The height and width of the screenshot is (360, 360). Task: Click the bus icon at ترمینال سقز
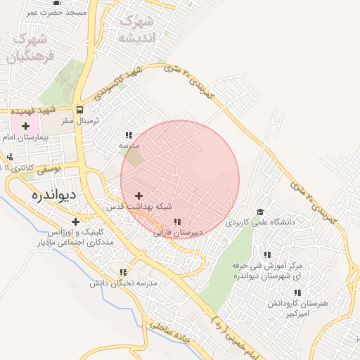[x=79, y=110]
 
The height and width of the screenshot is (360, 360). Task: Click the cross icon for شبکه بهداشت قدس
[x=138, y=195]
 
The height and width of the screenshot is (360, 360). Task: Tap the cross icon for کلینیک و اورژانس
[x=75, y=222]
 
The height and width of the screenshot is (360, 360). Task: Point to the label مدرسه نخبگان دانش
[x=122, y=283]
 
